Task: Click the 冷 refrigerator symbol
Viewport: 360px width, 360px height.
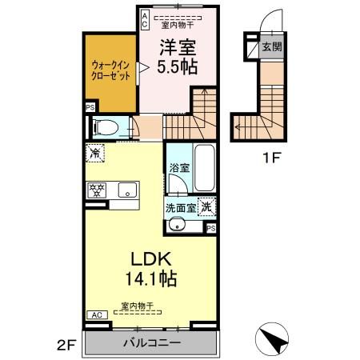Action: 95,153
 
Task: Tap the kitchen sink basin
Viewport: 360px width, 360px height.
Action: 126,190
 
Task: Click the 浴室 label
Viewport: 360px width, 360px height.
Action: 178,169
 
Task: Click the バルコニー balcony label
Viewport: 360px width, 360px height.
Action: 151,342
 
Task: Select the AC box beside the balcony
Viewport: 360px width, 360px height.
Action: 95,315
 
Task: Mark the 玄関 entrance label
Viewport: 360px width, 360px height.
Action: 272,47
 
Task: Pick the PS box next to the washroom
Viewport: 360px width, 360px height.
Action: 211,228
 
